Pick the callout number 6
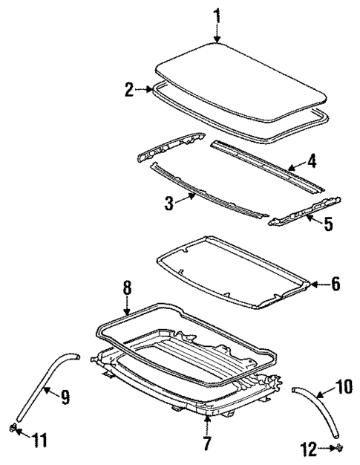pyautogui.click(x=334, y=283)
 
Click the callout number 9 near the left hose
pyautogui.click(x=65, y=397)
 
